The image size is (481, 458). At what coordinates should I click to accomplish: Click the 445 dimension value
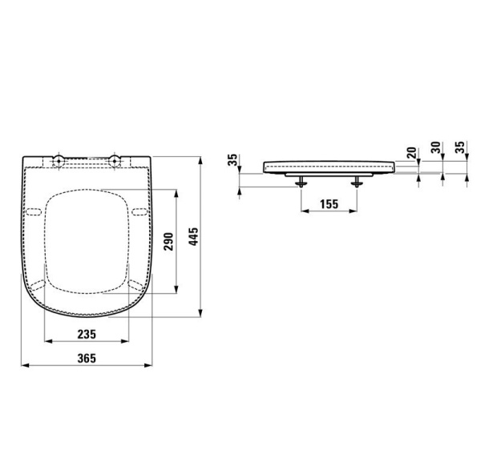(x=193, y=236)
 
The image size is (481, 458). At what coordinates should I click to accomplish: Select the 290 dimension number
(x=168, y=241)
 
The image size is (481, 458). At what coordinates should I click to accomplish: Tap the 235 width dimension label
(x=87, y=334)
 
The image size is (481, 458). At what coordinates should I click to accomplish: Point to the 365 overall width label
(x=87, y=358)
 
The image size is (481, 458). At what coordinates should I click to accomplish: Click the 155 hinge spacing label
(x=329, y=204)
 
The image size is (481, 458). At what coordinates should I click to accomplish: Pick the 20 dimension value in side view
(x=412, y=153)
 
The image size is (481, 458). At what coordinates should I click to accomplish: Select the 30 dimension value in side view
(x=435, y=147)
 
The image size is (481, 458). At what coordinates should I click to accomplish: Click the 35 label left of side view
(x=232, y=159)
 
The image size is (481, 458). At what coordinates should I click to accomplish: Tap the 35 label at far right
(x=459, y=147)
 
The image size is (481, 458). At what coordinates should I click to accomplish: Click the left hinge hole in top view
(x=59, y=161)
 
